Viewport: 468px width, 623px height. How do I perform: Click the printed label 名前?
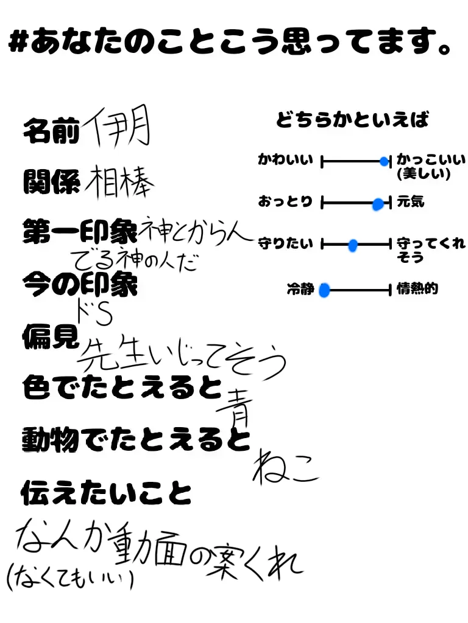[x=51, y=132]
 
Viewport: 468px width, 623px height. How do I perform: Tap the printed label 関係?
[x=51, y=182]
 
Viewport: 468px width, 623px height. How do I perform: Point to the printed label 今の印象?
[x=80, y=284]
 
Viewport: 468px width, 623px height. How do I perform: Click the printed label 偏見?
[x=51, y=335]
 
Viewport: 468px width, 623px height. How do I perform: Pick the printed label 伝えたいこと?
[x=106, y=492]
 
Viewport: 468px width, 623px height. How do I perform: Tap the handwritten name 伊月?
[x=116, y=128]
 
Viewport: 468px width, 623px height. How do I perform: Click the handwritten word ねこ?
[x=285, y=467]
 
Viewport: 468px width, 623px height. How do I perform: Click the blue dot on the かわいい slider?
[x=384, y=161]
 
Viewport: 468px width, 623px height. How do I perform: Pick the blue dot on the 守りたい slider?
[x=353, y=245]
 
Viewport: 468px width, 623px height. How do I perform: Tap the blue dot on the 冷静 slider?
[x=324, y=290]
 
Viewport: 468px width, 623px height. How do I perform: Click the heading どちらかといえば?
[x=352, y=120]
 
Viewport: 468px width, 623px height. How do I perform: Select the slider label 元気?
[x=410, y=202]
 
